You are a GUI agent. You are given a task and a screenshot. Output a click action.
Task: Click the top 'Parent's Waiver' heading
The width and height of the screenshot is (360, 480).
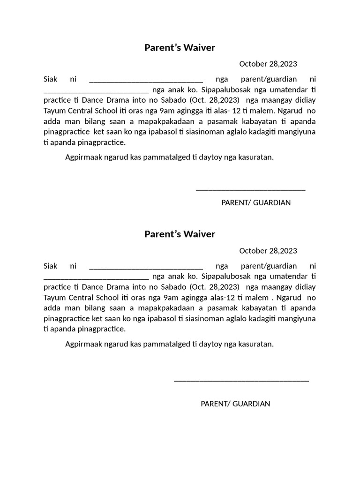pyautogui.click(x=180, y=47)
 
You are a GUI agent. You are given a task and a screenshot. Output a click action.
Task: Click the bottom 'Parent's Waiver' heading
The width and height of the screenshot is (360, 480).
pyautogui.click(x=180, y=234)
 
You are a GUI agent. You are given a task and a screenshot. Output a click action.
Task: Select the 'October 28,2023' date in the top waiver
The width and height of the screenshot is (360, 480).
pyautogui.click(x=268, y=64)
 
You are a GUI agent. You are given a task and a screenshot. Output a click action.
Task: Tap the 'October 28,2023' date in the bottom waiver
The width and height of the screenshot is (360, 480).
pyautogui.click(x=268, y=251)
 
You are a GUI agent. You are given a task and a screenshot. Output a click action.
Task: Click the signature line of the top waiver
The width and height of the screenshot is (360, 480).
pyautogui.click(x=250, y=189)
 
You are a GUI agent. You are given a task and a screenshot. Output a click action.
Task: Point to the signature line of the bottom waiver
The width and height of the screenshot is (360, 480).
pyautogui.click(x=241, y=380)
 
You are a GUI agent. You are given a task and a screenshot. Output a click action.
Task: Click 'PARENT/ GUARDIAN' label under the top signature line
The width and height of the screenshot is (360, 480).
pyautogui.click(x=256, y=202)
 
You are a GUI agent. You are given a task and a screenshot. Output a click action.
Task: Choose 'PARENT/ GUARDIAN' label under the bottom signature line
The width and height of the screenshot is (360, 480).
pyautogui.click(x=235, y=404)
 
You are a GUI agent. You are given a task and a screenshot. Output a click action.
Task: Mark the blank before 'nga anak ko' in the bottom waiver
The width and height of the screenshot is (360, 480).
pyautogui.click(x=96, y=277)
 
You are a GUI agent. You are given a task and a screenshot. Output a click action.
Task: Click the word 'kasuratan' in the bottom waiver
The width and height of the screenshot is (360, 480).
pyautogui.click(x=255, y=344)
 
